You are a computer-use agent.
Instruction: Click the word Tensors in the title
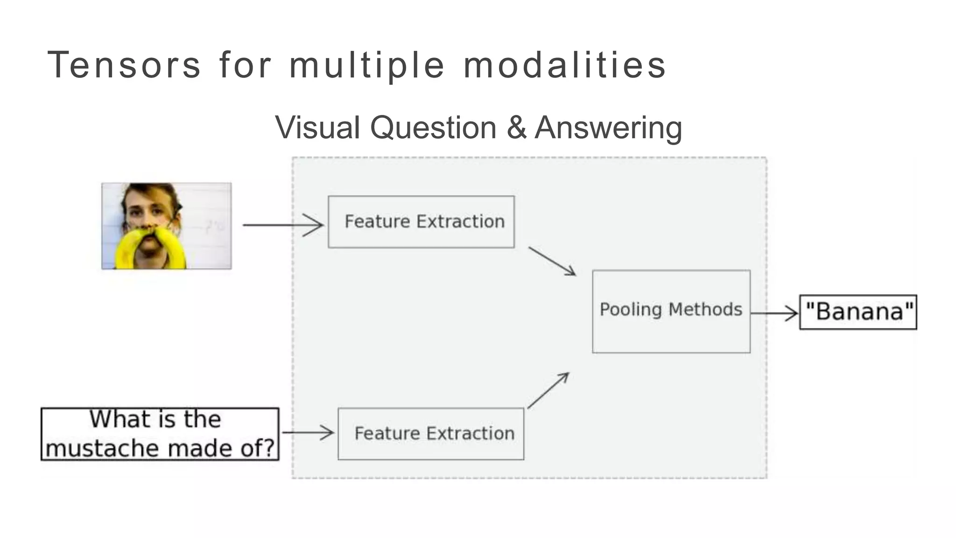[124, 65]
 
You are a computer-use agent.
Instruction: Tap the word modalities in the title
[564, 65]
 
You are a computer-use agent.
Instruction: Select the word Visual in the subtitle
[317, 127]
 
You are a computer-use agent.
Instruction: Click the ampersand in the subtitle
[516, 127]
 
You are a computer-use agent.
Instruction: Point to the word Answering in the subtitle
[608, 127]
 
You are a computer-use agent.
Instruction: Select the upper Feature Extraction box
[421, 222]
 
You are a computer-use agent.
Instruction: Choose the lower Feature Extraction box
[430, 433]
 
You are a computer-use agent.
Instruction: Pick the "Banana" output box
[858, 312]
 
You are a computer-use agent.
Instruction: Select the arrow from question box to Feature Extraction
[308, 432]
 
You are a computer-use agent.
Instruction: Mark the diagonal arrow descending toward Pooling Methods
[552, 261]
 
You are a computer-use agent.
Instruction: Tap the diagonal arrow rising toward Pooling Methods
[548, 390]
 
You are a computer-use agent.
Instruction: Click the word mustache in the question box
[103, 448]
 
